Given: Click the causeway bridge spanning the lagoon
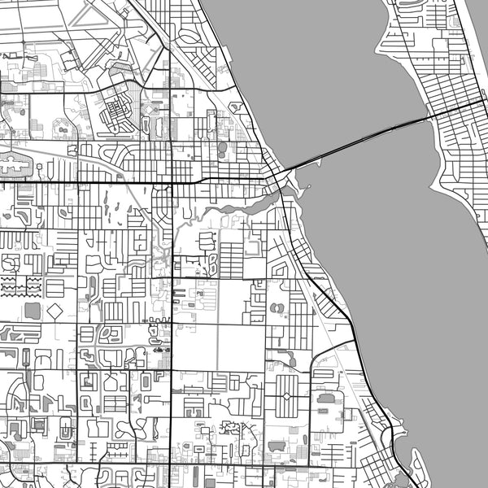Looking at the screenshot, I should tap(358, 142).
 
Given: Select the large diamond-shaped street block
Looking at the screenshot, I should tap(55, 312).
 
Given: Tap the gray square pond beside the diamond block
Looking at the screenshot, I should tap(33, 311).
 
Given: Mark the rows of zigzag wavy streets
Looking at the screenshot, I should tap(22, 285).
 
